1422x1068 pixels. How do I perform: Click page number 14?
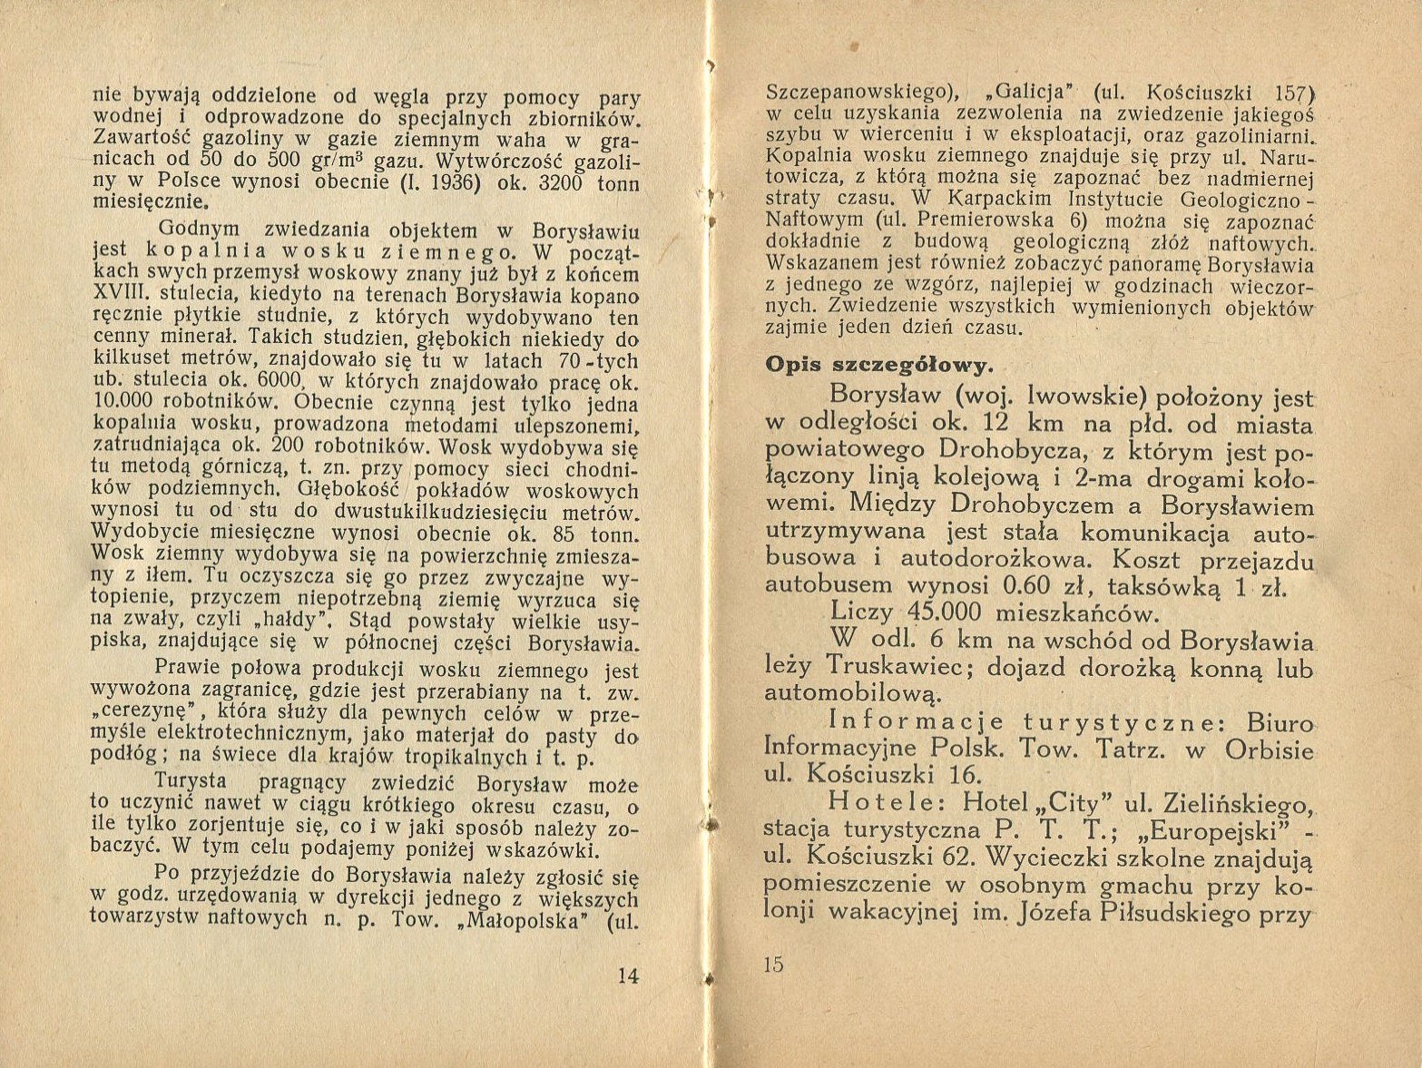(x=628, y=976)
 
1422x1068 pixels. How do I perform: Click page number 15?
(x=773, y=965)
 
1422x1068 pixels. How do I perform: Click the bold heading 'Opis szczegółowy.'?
(x=878, y=365)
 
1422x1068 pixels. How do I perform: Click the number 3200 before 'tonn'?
(x=564, y=182)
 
